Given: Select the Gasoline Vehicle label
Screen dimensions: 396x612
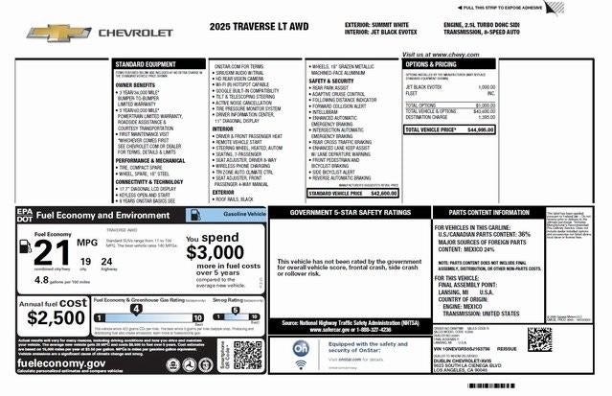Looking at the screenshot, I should [x=245, y=214].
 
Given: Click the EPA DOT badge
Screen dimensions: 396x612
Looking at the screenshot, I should [x=16, y=216].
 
